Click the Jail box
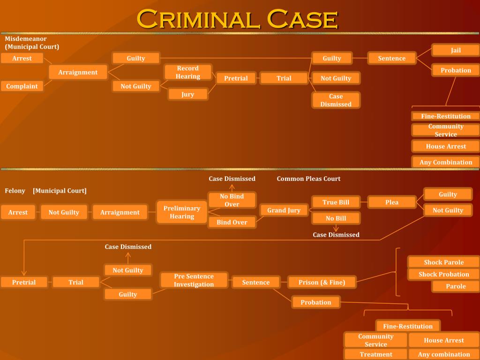(x=456, y=50)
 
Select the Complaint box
(x=22, y=86)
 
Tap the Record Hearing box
(x=187, y=72)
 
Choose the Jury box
(x=187, y=94)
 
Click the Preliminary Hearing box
(x=182, y=212)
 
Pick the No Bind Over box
(x=232, y=200)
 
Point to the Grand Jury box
(x=284, y=210)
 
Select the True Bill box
(x=336, y=202)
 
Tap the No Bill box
(x=336, y=218)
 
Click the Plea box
(x=392, y=202)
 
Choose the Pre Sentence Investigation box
(x=194, y=280)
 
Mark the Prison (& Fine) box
(x=322, y=282)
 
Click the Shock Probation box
(x=443, y=274)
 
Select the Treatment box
(x=375, y=354)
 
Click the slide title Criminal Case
(x=237, y=19)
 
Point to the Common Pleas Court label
(x=308, y=179)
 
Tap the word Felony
(x=15, y=191)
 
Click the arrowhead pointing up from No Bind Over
(x=232, y=187)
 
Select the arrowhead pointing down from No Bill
(x=336, y=229)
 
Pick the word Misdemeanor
(x=26, y=39)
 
